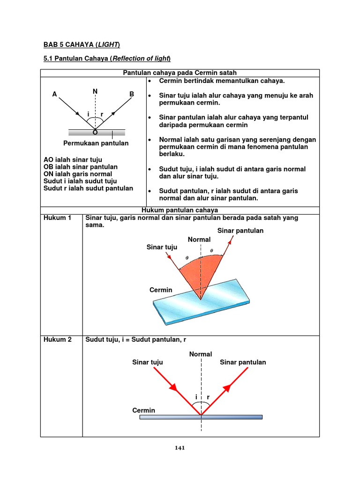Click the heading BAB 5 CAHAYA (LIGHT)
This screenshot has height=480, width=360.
[82, 45]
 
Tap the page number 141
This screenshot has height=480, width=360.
[180, 448]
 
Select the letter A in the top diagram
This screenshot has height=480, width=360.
[55, 94]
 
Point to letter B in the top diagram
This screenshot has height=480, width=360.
[132, 94]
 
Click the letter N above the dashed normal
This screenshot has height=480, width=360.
[95, 91]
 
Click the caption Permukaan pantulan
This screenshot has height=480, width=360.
[96, 143]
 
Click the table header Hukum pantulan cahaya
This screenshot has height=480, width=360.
[180, 210]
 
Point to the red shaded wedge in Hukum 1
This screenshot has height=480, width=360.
[199, 274]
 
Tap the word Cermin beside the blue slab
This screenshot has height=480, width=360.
[161, 290]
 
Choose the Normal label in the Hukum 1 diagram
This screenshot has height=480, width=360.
[199, 240]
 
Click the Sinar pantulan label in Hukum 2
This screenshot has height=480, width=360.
[243, 362]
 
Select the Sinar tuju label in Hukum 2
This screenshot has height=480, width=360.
[148, 362]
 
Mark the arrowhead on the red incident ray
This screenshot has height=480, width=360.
[173, 387]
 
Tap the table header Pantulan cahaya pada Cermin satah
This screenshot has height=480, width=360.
[180, 73]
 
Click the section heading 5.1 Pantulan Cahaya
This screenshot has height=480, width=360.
[107, 58]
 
